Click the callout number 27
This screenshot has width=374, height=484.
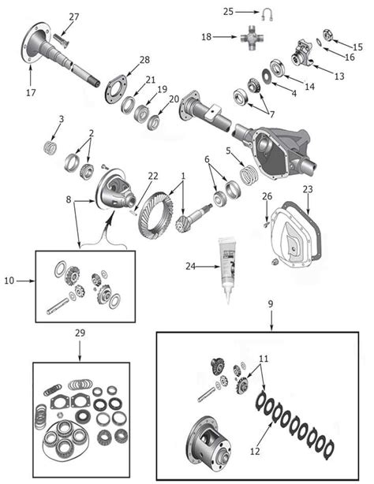click(x=73, y=17)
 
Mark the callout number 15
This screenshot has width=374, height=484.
click(x=357, y=47)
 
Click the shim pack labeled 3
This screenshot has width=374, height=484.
click(x=50, y=147)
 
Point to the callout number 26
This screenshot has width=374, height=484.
click(x=267, y=196)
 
